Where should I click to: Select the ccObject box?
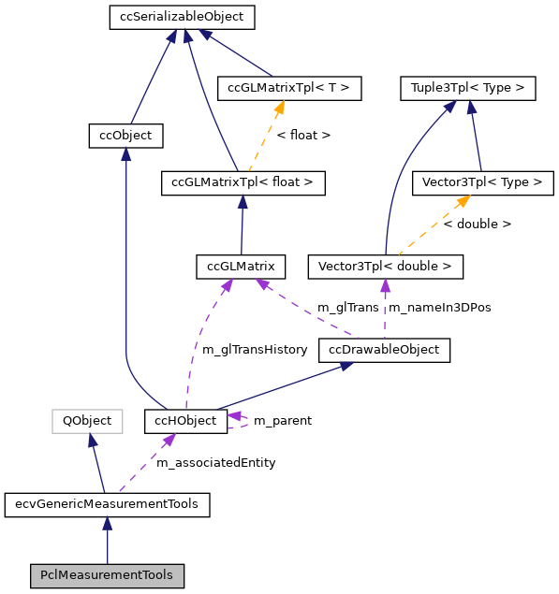(125, 136)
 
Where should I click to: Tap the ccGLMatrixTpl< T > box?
(288, 89)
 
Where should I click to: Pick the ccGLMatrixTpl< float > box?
(243, 182)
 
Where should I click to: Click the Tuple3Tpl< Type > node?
(467, 89)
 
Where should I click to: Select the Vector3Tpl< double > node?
(385, 267)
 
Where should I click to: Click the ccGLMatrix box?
(241, 267)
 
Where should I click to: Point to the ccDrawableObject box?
(384, 350)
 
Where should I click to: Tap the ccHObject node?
(185, 421)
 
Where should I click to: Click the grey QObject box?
(87, 421)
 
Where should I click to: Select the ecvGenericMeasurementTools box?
(107, 504)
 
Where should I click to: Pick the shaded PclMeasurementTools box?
(107, 575)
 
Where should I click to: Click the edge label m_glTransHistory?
(255, 350)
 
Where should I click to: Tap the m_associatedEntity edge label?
(215, 463)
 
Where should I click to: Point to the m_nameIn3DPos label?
(439, 308)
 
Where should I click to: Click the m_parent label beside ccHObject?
(283, 421)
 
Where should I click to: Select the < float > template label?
(303, 136)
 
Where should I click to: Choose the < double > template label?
(477, 225)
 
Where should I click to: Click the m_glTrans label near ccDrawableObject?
(348, 308)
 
